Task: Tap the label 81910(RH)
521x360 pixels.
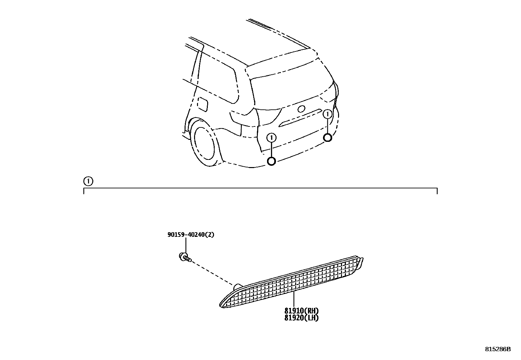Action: pos(301,311)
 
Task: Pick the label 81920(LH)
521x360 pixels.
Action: pos(301,317)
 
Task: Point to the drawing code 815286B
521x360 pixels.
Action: pos(497,349)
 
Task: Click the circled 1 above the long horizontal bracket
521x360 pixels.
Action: pos(88,181)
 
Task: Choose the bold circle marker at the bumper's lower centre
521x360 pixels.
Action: pos(272,161)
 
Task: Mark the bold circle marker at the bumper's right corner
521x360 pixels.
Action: pos(327,138)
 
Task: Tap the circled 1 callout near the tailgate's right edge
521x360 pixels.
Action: pos(327,114)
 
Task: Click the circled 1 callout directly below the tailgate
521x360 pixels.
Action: pos(272,138)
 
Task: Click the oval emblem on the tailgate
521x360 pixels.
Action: pos(301,109)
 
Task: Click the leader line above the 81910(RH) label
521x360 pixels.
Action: pos(294,299)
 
